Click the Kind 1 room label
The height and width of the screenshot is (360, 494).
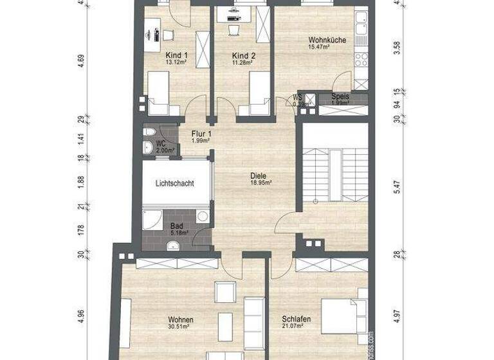pyautogui.click(x=176, y=56)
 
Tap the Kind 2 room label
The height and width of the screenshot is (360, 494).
pyautogui.click(x=244, y=56)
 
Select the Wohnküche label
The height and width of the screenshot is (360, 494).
pyautogui.click(x=327, y=40)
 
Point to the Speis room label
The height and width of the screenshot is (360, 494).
pyautogui.click(x=340, y=97)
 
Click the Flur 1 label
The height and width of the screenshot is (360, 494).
pyautogui.click(x=201, y=134)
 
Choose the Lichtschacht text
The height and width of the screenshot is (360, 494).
pyautogui.click(x=174, y=183)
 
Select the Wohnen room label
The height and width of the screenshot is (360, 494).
pyautogui.click(x=181, y=319)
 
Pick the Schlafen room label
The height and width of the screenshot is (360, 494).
pyautogui.click(x=297, y=319)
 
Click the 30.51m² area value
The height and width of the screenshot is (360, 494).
pyautogui.click(x=181, y=327)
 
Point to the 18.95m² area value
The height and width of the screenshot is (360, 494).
pyautogui.click(x=261, y=182)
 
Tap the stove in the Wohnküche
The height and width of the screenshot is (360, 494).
pyautogui.click(x=360, y=58)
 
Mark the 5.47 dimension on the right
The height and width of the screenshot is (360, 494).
pyautogui.click(x=398, y=187)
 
